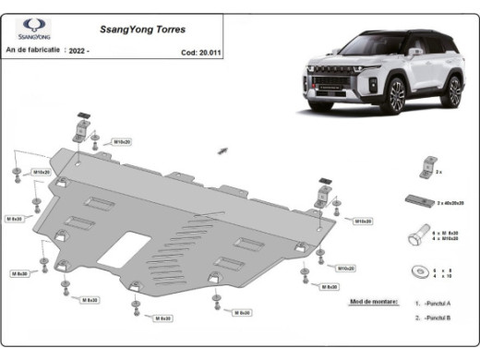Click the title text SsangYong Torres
[x=119, y=28]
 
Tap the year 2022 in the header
[x=80, y=52]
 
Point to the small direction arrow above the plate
[x=222, y=149]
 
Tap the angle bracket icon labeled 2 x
[x=425, y=169]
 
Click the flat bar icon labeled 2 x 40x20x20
[x=414, y=201]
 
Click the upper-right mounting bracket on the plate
[x=322, y=194]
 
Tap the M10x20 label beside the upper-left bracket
[x=121, y=142]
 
